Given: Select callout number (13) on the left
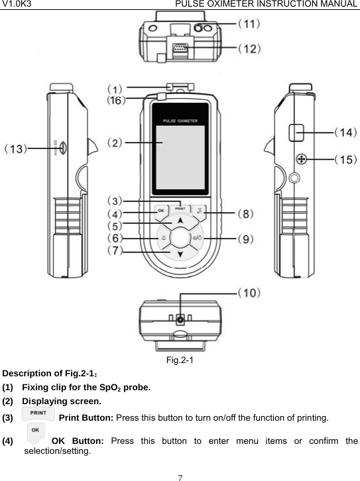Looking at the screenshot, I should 17,149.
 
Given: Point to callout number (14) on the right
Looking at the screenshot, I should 344,133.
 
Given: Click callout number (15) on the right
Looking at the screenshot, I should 344,159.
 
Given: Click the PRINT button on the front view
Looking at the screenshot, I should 180,209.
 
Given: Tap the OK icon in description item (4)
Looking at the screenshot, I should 36,435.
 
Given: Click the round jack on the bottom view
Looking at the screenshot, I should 180,321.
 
